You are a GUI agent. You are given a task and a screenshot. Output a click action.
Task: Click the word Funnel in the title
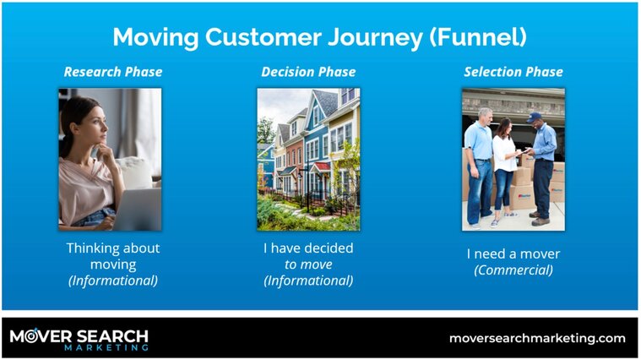pyautogui.click(x=478, y=37)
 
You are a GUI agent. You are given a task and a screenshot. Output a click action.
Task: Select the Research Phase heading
pyautogui.click(x=113, y=72)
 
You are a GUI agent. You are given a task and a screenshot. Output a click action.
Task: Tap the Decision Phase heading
pyautogui.click(x=308, y=72)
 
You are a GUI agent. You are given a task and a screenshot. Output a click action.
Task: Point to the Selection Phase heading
pyautogui.click(x=513, y=72)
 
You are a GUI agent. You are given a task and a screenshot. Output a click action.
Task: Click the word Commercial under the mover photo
pyautogui.click(x=513, y=270)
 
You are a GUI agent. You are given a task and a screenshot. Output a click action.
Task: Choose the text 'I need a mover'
pyautogui.click(x=513, y=254)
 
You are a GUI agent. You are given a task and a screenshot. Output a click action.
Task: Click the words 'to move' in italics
pyautogui.click(x=308, y=265)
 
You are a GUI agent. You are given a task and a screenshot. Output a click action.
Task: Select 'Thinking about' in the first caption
pyautogui.click(x=113, y=248)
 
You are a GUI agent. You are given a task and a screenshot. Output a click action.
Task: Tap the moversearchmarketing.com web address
pyautogui.click(x=537, y=339)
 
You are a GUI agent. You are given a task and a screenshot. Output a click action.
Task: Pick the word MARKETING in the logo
pyautogui.click(x=106, y=347)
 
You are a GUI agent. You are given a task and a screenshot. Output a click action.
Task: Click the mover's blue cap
pyautogui.click(x=534, y=117)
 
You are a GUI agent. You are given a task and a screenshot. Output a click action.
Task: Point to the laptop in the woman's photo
pyautogui.click(x=137, y=209)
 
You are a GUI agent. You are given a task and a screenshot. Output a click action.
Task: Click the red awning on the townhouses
pyautogui.click(x=321, y=167)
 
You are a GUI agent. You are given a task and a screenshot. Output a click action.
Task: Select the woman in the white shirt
pyautogui.click(x=505, y=172)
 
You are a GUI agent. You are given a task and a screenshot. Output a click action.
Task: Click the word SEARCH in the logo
pyautogui.click(x=112, y=336)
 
